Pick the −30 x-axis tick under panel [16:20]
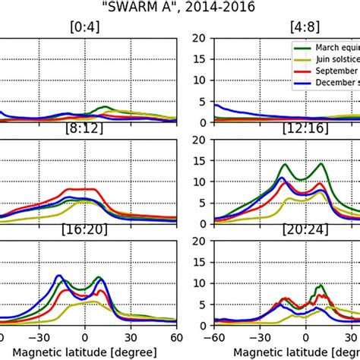(x=44, y=337)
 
